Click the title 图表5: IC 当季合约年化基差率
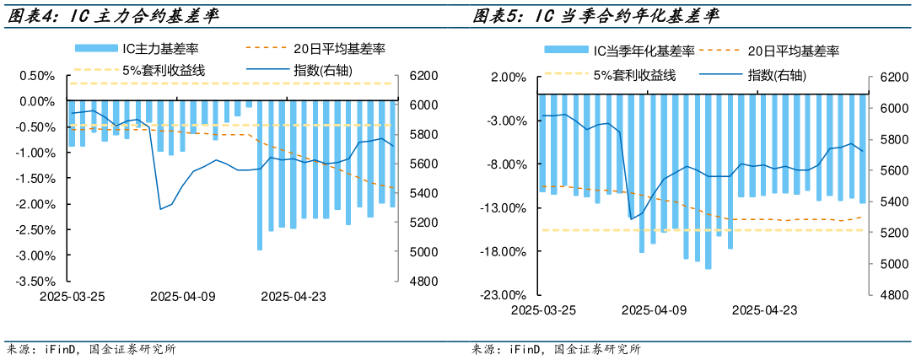600,16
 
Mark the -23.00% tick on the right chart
503,295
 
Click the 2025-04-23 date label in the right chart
764,310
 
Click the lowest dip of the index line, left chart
161,209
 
